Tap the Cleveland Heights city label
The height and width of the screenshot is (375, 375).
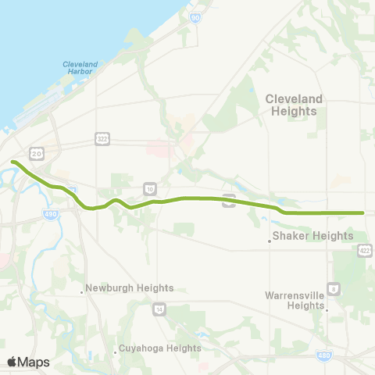pyautogui.click(x=291, y=105)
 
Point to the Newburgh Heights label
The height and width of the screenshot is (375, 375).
pyautogui.click(x=130, y=287)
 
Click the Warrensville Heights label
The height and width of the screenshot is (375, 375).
pyautogui.click(x=295, y=300)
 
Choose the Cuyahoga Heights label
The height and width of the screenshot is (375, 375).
pyautogui.click(x=162, y=348)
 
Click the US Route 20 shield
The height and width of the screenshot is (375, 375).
pyautogui.click(x=36, y=152)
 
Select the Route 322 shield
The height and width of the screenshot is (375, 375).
pyautogui.click(x=102, y=138)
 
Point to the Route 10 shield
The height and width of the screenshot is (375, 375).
pyautogui.click(x=149, y=188)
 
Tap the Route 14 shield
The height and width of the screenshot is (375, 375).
pyautogui.click(x=159, y=309)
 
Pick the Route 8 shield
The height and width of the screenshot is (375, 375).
pyautogui.click(x=334, y=288)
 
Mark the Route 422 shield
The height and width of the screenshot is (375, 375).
pyautogui.click(x=366, y=249)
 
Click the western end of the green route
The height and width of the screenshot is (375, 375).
pyautogui.click(x=13, y=162)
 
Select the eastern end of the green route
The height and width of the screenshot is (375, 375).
pyautogui.click(x=363, y=212)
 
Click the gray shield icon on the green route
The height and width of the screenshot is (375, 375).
pyautogui.click(x=229, y=200)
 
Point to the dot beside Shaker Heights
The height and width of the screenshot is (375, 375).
pyautogui.click(x=270, y=241)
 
